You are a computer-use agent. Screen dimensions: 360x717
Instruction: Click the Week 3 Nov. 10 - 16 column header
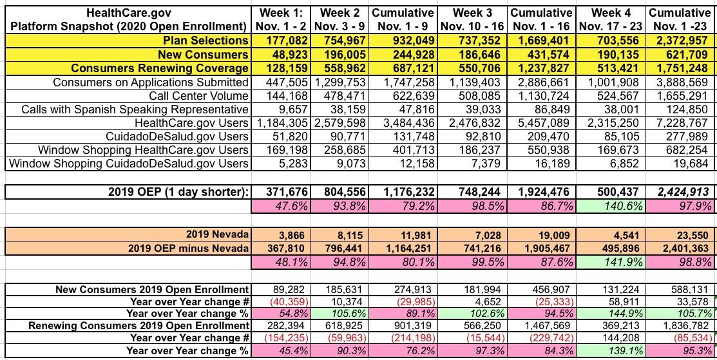point(473,19)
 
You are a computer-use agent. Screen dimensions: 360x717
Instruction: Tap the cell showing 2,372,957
point(682,41)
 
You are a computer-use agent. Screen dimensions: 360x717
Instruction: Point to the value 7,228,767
point(682,123)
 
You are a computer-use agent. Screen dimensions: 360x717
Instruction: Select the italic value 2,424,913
point(682,191)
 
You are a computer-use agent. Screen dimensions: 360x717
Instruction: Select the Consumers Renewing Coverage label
point(160,68)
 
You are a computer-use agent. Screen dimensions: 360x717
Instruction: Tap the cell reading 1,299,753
point(341,82)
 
